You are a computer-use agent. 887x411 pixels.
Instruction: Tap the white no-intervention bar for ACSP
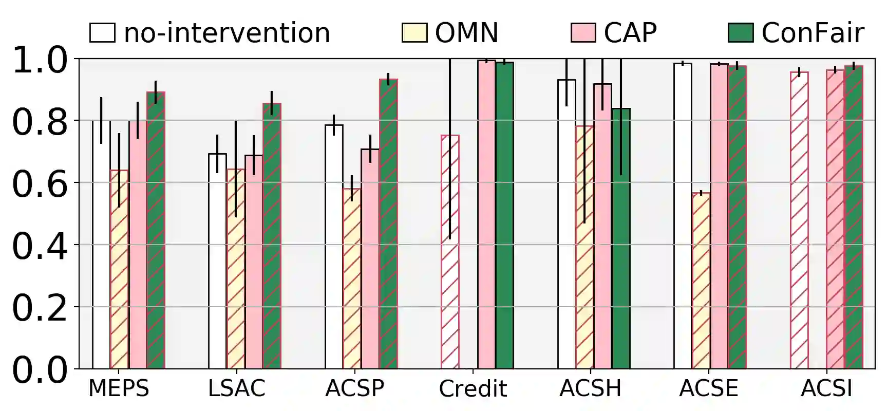[x=334, y=247]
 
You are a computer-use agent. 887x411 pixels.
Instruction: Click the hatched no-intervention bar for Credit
[x=450, y=252]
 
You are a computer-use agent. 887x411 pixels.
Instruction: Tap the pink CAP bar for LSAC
[x=254, y=261]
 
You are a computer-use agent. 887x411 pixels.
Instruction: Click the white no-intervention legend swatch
[x=102, y=32]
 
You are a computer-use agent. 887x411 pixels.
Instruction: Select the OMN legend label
[x=466, y=33]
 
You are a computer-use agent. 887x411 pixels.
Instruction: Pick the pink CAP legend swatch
[x=583, y=32]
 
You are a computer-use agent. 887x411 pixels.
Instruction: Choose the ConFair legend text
[x=813, y=33]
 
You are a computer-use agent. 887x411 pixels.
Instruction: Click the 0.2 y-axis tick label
[x=40, y=308]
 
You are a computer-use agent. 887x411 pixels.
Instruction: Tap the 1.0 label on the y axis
[x=40, y=60]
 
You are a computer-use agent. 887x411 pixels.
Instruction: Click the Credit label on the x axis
[x=473, y=389]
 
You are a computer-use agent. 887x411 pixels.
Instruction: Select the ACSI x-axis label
[x=826, y=388]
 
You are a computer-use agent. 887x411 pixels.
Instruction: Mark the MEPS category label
[x=119, y=388]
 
